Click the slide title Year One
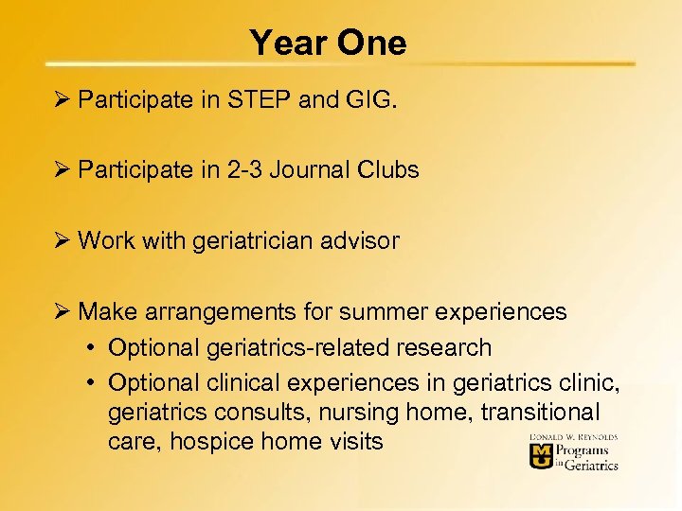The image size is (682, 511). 328,43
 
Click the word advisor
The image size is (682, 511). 361,240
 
